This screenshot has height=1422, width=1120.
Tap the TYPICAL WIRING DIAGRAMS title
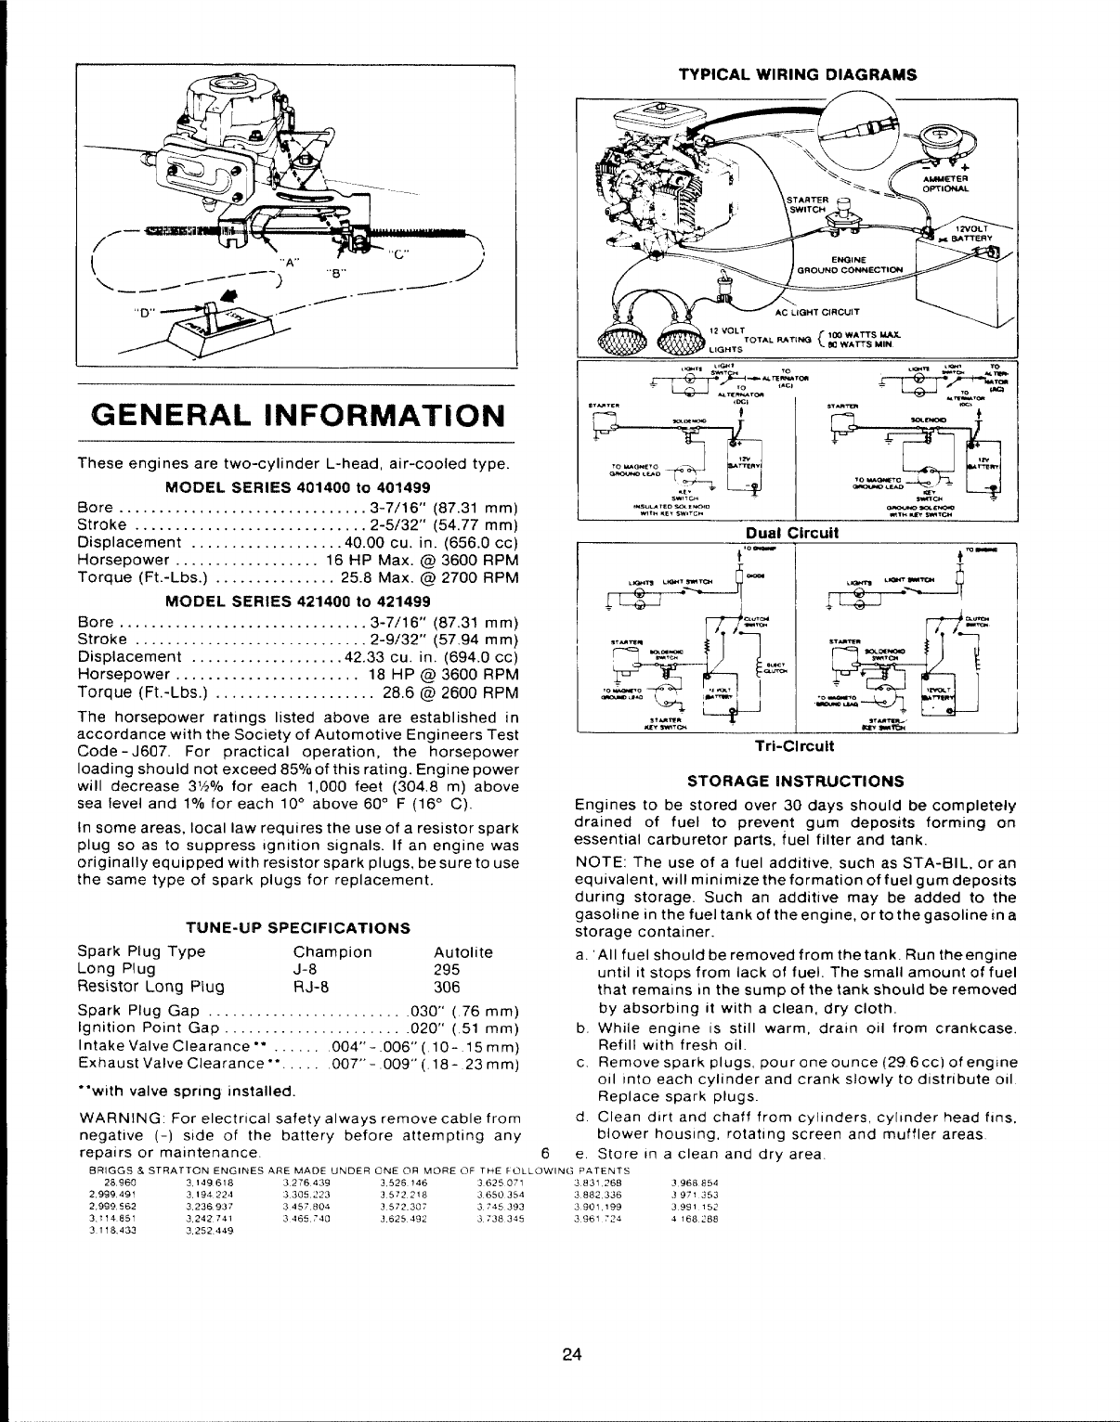798,73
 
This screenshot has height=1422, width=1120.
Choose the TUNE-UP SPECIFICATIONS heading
298,927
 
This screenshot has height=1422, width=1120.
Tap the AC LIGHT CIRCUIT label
823,311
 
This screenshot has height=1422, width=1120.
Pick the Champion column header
332,952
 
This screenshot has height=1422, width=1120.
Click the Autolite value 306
448,986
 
